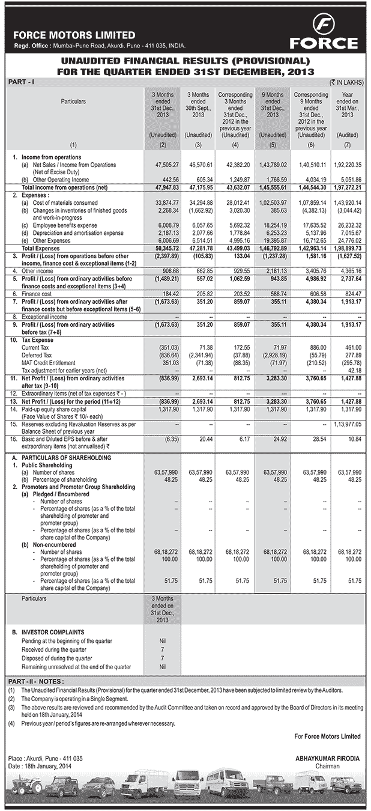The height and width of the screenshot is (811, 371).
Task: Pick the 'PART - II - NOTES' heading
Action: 37,681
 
